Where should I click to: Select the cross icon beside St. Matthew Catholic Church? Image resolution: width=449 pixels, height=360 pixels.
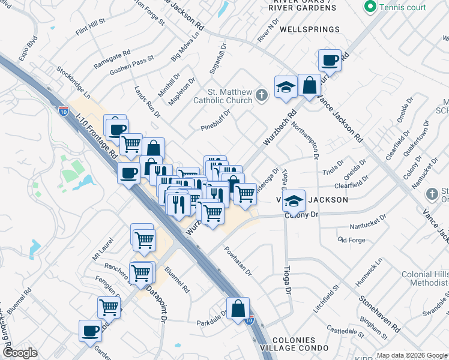click(x=261, y=95)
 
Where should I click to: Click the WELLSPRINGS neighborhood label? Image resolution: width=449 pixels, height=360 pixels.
click(x=310, y=29)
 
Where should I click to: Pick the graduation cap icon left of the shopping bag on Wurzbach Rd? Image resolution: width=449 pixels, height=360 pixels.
click(x=286, y=86)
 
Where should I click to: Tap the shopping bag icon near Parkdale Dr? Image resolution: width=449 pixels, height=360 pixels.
click(x=238, y=308)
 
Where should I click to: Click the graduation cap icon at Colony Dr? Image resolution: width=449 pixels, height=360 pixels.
click(x=294, y=200)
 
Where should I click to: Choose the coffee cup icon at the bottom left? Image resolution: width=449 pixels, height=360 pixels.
click(x=91, y=330)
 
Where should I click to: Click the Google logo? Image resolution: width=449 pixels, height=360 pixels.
click(x=20, y=353)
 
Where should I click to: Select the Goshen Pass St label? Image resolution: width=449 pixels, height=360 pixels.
click(x=132, y=66)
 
